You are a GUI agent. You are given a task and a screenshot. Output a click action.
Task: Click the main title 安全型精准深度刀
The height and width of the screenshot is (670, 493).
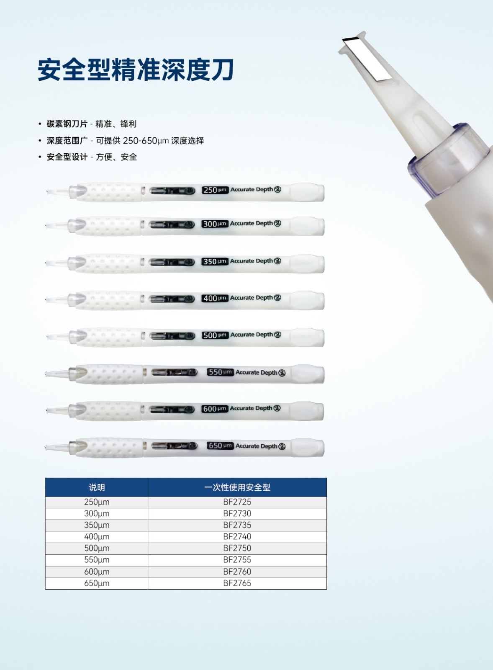pyautogui.click(x=136, y=70)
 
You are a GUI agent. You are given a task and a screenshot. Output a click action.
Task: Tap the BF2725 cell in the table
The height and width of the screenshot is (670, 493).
pyautogui.click(x=237, y=502)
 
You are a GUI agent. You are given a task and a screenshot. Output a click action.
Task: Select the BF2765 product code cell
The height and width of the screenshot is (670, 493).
pyautogui.click(x=237, y=583)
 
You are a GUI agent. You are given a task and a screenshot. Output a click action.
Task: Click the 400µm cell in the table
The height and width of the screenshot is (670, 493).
pyautogui.click(x=97, y=537)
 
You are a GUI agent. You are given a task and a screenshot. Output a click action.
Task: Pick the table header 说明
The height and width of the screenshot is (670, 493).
pyautogui.click(x=97, y=487)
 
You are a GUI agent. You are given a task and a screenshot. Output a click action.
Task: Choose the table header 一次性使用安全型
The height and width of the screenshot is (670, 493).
pyautogui.click(x=237, y=487)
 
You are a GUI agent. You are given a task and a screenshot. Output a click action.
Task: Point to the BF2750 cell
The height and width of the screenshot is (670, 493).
pyautogui.click(x=237, y=548)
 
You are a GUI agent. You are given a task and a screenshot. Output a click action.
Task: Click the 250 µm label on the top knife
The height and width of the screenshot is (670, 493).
pyautogui.click(x=215, y=190)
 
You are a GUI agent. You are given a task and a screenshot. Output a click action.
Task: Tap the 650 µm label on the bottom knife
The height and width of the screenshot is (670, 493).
pyautogui.click(x=220, y=446)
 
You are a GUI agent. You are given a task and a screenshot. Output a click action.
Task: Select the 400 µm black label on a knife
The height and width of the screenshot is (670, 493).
pyautogui.click(x=215, y=298)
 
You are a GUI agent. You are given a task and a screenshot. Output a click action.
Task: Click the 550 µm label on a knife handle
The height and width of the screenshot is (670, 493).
pyautogui.click(x=220, y=372)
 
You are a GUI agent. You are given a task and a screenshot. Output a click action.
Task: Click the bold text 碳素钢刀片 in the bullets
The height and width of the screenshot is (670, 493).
pyautogui.click(x=67, y=124)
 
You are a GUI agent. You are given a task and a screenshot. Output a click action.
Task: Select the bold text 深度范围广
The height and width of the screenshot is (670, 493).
pyautogui.click(x=67, y=141)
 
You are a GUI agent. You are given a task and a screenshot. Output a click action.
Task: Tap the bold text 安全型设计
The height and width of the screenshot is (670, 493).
pyautogui.click(x=67, y=157)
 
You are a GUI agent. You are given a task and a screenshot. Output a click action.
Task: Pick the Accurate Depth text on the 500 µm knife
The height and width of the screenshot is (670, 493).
pyautogui.click(x=252, y=335)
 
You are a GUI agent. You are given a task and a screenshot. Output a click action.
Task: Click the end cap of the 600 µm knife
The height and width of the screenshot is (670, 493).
pyautogui.click(x=308, y=411)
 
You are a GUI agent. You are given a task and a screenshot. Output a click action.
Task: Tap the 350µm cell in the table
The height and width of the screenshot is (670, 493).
pyautogui.click(x=97, y=525)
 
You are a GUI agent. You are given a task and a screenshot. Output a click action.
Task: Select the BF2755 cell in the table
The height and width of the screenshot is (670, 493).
pyautogui.click(x=237, y=560)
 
